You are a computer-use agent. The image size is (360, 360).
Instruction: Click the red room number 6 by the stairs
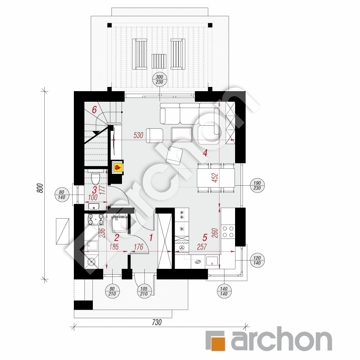(95, 110)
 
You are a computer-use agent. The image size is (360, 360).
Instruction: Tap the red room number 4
(205, 153)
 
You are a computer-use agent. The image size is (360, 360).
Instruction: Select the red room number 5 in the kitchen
(205, 238)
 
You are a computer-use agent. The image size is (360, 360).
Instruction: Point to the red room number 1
(151, 238)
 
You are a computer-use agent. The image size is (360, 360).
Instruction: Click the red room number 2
(117, 238)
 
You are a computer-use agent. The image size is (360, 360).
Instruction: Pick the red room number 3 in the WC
(95, 190)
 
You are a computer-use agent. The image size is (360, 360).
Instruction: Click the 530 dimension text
(138, 135)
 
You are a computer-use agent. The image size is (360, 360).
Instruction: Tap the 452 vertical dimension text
(215, 178)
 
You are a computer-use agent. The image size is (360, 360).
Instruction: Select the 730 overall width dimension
(157, 322)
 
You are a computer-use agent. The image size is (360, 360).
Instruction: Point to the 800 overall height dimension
(40, 188)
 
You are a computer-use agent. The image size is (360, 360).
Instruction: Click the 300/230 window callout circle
(160, 79)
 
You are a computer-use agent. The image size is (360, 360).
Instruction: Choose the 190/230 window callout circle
(257, 186)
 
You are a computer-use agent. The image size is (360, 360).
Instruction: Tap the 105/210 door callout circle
(144, 291)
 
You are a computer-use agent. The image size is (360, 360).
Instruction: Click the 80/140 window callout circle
(62, 195)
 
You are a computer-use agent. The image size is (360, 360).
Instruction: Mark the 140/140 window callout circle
(224, 291)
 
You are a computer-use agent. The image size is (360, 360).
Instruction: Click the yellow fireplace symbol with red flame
(118, 168)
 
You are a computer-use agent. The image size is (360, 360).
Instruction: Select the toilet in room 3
(95, 177)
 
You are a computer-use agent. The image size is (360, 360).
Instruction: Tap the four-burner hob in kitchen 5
(228, 232)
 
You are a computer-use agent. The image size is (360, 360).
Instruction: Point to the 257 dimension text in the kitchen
(202, 247)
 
